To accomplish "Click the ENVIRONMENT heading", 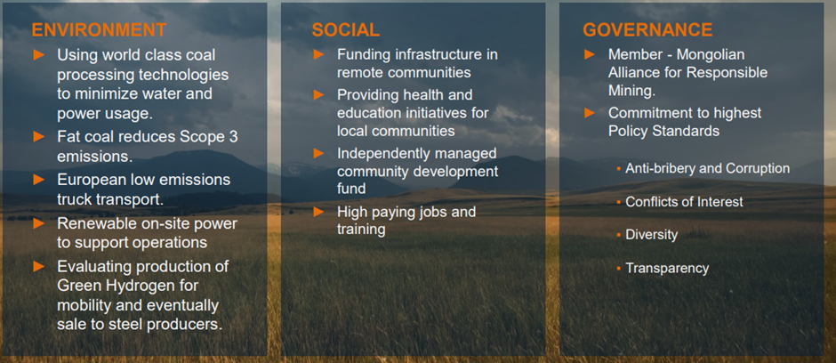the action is click(x=99, y=30).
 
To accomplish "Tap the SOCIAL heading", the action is click(x=345, y=30).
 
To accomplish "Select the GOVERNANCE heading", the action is click(x=647, y=30).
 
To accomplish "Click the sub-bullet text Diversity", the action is click(x=652, y=235).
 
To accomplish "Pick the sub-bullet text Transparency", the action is click(x=667, y=268).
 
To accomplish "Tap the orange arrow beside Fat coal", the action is click(x=39, y=136).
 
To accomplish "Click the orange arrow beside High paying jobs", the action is click(x=318, y=212).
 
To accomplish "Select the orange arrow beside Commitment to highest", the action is click(x=590, y=113).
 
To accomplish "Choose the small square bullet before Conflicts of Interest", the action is click(x=618, y=203).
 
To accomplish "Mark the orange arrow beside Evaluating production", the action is click(x=39, y=266).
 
